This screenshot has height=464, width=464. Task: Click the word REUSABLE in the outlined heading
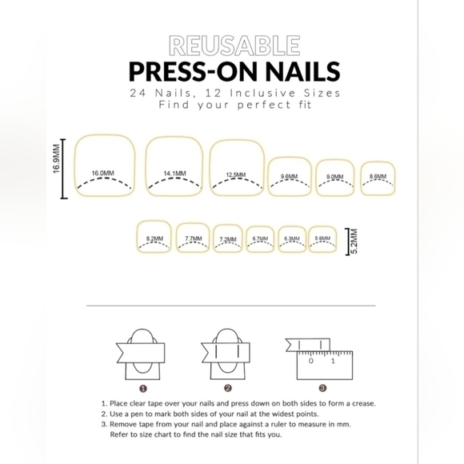tap(234, 44)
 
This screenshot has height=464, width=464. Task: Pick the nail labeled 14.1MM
tap(174, 166)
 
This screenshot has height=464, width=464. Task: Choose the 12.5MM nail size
tap(236, 167)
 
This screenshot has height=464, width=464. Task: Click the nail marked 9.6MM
tap(290, 176)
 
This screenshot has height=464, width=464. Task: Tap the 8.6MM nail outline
tap(378, 178)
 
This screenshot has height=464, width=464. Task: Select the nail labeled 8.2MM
tap(155, 236)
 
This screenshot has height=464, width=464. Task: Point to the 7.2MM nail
tap(228, 238)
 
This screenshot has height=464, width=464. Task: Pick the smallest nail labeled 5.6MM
tap(322, 238)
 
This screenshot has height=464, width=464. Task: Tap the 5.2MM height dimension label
tap(354, 240)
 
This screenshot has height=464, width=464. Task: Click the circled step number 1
tap(143, 387)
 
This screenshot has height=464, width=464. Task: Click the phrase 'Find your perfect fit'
tap(234, 105)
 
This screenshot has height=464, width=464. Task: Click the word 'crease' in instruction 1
tap(358, 404)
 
